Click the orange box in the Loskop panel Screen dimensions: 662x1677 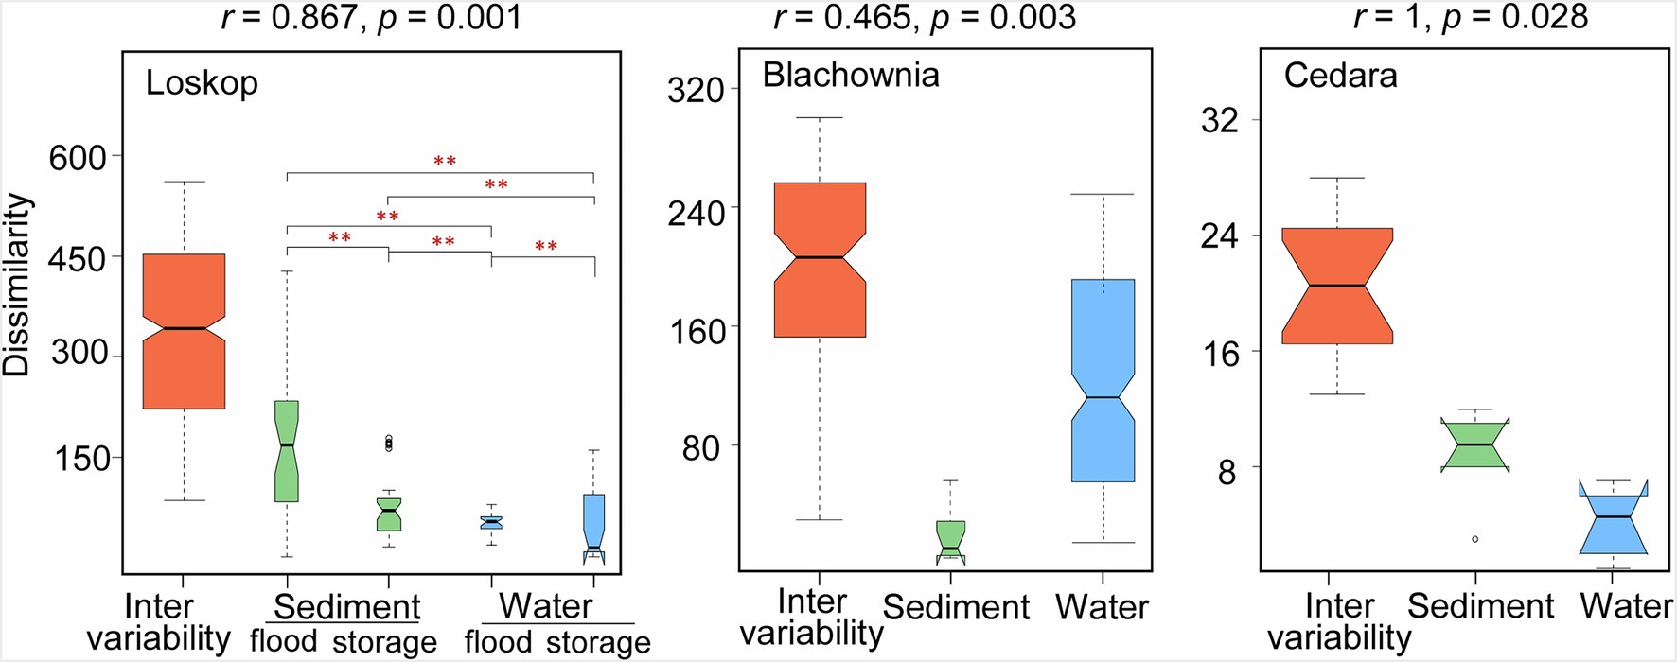tap(184, 331)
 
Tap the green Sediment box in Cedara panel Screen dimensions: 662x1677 tap(1474, 444)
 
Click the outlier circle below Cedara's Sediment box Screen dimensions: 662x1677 tap(1474, 539)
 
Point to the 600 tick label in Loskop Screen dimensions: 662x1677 tap(78, 157)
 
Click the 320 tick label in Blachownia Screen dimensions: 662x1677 tap(696, 91)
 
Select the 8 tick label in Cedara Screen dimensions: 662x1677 tap(1227, 471)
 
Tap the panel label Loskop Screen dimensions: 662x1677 tap(202, 83)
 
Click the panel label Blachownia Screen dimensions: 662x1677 tap(851, 75)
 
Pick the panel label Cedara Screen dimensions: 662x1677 tap(1340, 76)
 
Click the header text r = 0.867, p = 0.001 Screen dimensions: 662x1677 tap(372, 17)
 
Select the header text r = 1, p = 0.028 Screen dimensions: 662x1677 tap(1471, 17)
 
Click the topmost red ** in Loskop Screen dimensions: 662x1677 tap(445, 162)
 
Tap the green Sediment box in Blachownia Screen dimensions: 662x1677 tap(950, 541)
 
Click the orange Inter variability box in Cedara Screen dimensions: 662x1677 tap(1337, 286)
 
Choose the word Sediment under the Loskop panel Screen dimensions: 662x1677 tap(346, 607)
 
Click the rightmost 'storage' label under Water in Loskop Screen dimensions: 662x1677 tap(599, 642)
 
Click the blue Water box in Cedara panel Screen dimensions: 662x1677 tap(1613, 520)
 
